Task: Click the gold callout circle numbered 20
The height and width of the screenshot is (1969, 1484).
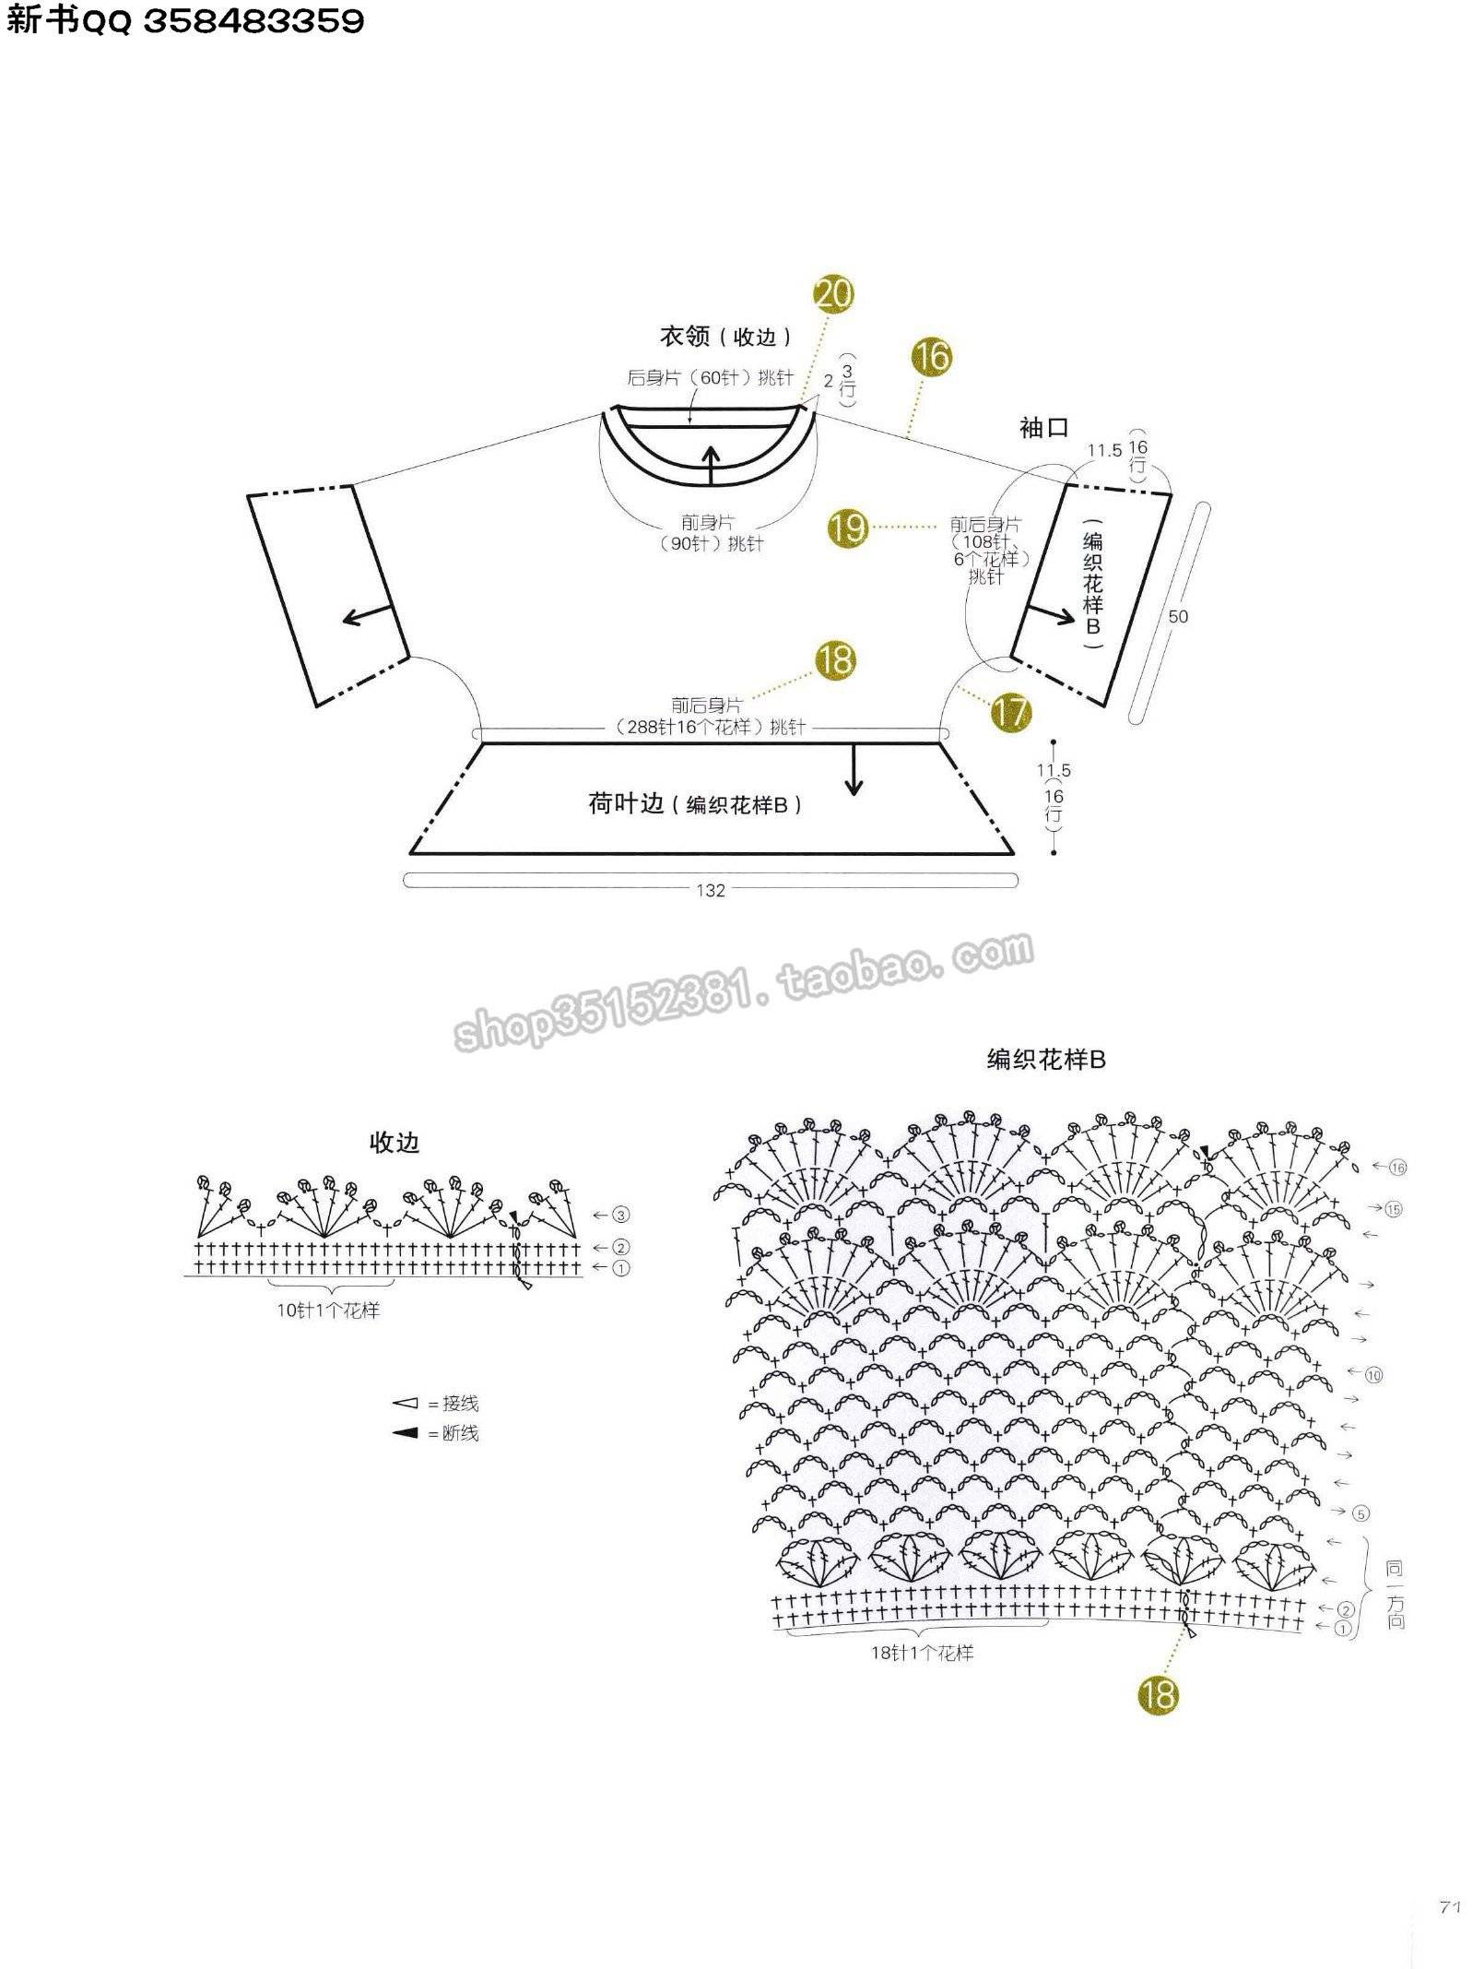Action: tap(833, 295)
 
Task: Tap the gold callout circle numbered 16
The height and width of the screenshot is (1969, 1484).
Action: tap(933, 356)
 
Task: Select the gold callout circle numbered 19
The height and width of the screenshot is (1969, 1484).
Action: tap(848, 527)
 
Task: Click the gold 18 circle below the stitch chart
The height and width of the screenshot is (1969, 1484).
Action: tap(1159, 1694)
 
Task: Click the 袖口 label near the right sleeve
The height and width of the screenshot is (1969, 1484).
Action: tap(1043, 427)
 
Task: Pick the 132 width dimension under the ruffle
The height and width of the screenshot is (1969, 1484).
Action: tap(711, 890)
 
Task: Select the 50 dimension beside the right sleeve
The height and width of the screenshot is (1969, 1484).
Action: tap(1178, 616)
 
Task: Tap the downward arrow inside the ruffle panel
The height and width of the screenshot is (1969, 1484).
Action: tap(854, 768)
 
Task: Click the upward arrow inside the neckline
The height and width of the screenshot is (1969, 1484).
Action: tap(711, 465)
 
